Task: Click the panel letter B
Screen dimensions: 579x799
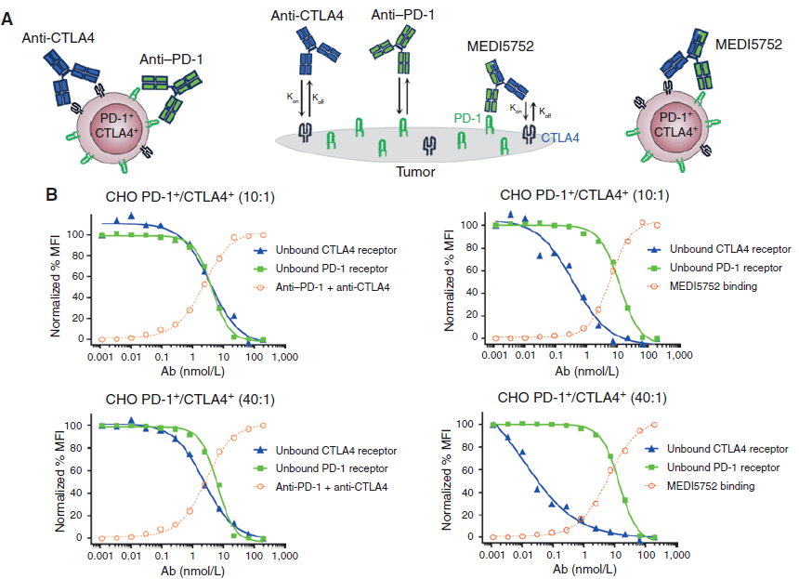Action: pyautogui.click(x=53, y=196)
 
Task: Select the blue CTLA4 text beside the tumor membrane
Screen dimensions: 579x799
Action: pyautogui.click(x=560, y=138)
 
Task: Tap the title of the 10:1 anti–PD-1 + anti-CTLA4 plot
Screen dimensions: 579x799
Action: pyautogui.click(x=190, y=196)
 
